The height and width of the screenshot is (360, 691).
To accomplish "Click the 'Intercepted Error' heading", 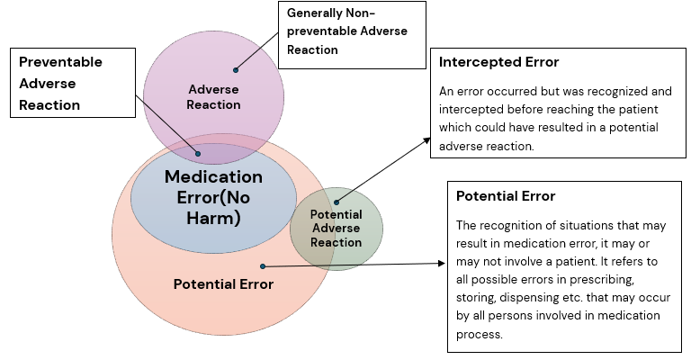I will click(498, 63).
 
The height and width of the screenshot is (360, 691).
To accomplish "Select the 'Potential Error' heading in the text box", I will click(505, 196).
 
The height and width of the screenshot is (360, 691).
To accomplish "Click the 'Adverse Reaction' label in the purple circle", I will click(213, 96).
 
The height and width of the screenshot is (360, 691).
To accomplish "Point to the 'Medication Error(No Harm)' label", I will click(213, 197).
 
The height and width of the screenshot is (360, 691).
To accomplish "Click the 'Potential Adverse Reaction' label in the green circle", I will click(336, 229).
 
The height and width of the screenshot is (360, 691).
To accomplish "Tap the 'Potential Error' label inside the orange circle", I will click(222, 284).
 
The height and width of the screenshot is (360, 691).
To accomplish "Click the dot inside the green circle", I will click(337, 202).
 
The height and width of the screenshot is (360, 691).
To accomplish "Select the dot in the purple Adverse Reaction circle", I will click(236, 68).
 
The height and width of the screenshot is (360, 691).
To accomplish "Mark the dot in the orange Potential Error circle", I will click(262, 266).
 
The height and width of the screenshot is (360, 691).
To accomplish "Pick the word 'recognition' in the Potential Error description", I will click(514, 225).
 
